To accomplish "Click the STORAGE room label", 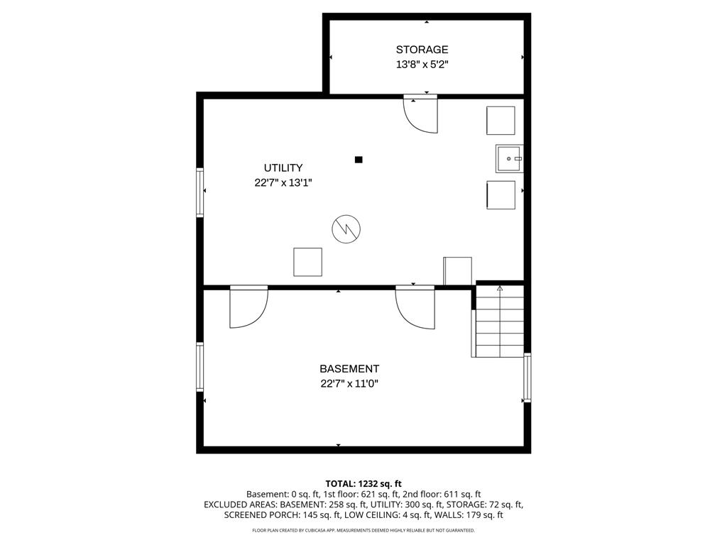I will [x=422, y=50].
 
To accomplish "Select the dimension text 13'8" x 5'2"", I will [x=422, y=65].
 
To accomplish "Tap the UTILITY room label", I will [x=283, y=168].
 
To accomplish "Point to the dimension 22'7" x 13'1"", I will [x=283, y=182].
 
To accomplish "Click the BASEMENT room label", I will [x=349, y=369].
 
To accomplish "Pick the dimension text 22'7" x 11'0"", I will [x=349, y=384].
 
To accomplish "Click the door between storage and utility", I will [x=421, y=114].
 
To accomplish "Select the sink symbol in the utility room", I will [x=508, y=158].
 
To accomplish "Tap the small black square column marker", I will [x=359, y=160].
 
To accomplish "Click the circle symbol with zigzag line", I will [x=346, y=229].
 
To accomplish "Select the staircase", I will [x=500, y=321].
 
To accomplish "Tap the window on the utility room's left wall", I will [x=200, y=192].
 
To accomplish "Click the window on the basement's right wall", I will [x=527, y=377].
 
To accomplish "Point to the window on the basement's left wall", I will [x=200, y=366].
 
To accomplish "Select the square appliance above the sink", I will [x=501, y=120].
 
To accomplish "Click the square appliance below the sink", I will [x=501, y=194].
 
